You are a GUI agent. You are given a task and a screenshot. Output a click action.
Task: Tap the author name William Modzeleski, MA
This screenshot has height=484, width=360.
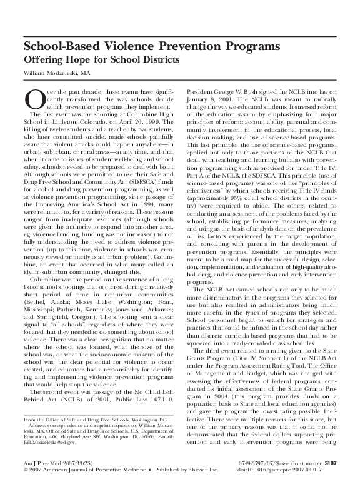click(x=55, y=73)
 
